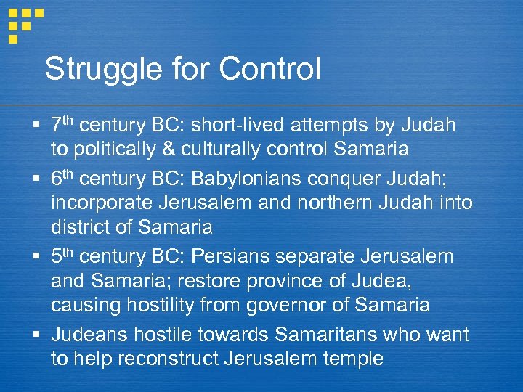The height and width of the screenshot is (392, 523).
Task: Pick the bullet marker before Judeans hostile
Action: [37, 335]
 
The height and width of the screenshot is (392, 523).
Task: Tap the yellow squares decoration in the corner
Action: [22, 22]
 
